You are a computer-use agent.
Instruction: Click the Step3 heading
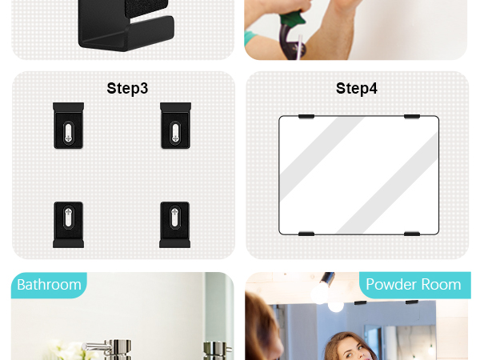(127, 89)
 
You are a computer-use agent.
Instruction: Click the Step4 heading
(357, 89)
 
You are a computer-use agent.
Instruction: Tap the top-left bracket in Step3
(68, 126)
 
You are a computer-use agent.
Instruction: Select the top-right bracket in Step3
(175, 126)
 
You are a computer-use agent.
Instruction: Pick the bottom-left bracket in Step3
(68, 225)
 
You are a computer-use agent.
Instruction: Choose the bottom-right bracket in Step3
(174, 225)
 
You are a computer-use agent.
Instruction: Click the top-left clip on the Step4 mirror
(306, 116)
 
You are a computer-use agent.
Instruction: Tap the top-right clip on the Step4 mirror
(412, 116)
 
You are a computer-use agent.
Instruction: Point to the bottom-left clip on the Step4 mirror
(306, 234)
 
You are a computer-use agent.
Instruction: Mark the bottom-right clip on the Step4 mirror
(412, 234)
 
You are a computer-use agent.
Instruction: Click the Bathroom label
(49, 285)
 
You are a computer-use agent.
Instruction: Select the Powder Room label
(414, 284)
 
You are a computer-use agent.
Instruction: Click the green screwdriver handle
(292, 18)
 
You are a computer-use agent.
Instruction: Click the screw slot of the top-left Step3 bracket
(68, 132)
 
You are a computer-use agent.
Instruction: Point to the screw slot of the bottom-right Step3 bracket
(174, 218)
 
